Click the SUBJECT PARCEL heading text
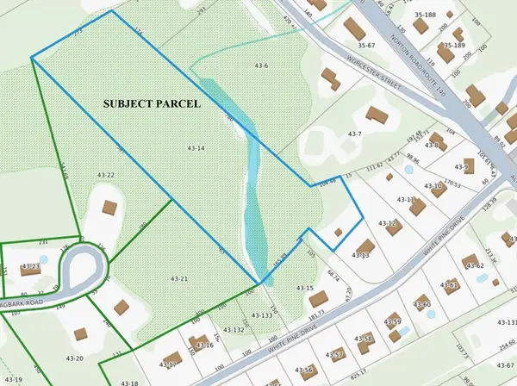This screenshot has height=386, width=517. (x=152, y=103)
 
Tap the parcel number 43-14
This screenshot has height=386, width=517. (x=196, y=149)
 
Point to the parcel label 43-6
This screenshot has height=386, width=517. (x=261, y=65)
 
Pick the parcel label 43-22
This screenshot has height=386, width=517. (x=106, y=175)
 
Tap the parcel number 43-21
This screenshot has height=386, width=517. (x=179, y=278)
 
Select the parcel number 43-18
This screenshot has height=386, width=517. (x=130, y=382)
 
